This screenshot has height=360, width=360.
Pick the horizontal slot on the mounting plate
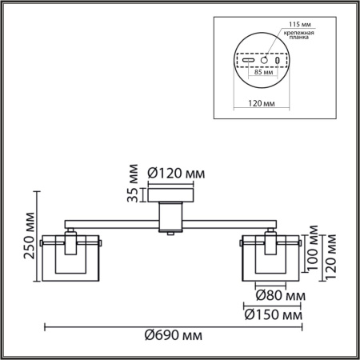[250, 60]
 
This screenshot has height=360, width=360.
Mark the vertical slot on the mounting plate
[278, 60]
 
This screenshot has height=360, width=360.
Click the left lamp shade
[72, 258]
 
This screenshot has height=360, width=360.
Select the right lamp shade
[271, 258]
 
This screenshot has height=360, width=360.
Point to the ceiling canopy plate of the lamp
[172, 194]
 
